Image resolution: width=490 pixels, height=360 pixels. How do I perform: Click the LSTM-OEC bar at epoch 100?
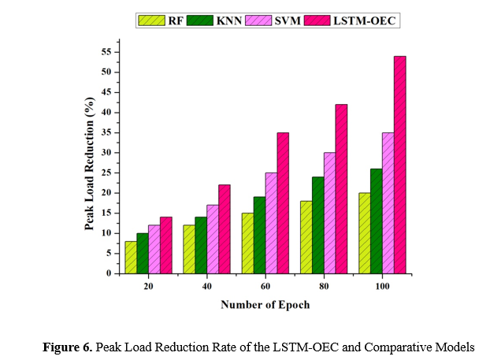point(399,165)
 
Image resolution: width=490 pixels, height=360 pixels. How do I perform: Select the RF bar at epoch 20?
point(131,258)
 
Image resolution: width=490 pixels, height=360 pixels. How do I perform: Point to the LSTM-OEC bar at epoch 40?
point(224,229)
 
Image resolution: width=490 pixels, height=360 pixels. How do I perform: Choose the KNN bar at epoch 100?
point(376,221)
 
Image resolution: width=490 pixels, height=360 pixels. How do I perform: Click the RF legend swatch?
point(146,20)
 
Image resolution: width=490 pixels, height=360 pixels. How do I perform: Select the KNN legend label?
point(229,20)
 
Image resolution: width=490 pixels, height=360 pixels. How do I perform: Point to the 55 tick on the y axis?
point(117,52)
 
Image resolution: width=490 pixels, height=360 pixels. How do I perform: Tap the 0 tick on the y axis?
point(117,273)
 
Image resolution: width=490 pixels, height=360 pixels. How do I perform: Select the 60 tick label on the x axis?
point(265,287)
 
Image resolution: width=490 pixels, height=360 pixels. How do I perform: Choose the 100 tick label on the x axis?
point(381,287)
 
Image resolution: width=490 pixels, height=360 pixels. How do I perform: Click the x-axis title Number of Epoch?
point(264,305)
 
